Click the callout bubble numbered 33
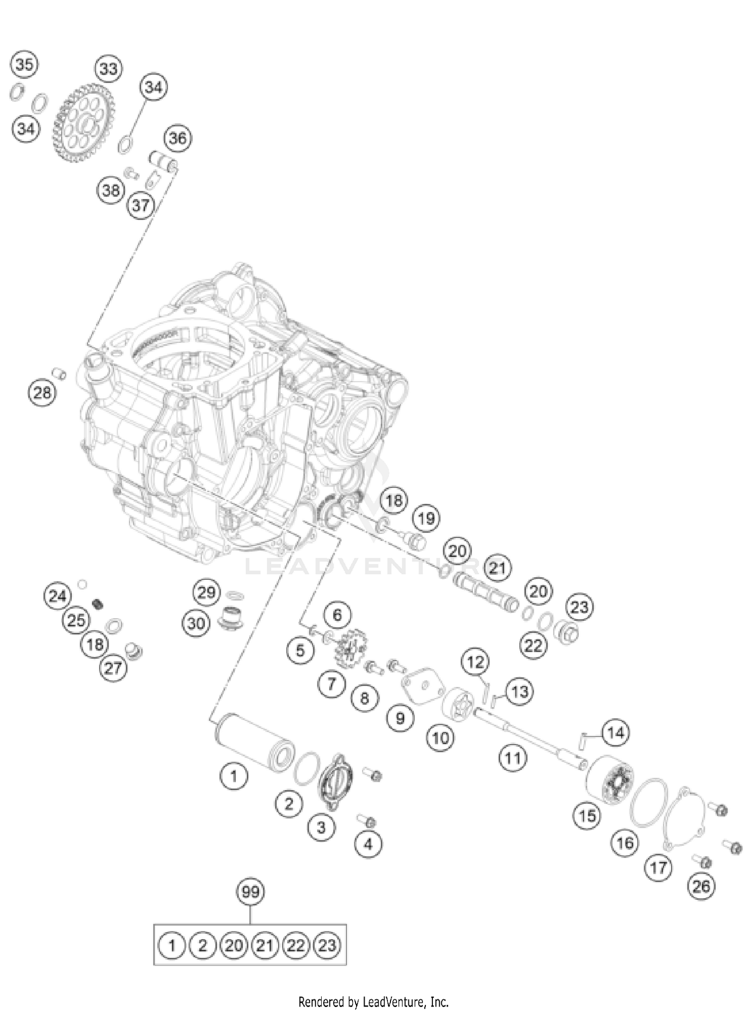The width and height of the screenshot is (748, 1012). pos(108,69)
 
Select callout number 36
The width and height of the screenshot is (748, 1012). pos(178,138)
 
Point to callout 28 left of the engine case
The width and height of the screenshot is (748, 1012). pos(42,393)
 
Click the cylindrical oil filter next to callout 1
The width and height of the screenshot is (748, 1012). pos(254,743)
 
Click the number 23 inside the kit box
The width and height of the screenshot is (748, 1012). pos(327,945)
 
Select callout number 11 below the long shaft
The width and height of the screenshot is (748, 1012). pos(513,758)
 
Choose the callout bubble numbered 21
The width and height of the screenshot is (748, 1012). pos(497,568)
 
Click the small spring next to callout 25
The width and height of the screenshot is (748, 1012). pos(98,604)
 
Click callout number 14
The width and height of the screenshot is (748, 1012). pos(615,733)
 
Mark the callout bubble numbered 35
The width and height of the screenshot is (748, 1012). pos(24,64)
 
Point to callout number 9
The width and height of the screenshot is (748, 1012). pos(400,718)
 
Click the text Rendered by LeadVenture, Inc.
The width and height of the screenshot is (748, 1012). pos(374,1001)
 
